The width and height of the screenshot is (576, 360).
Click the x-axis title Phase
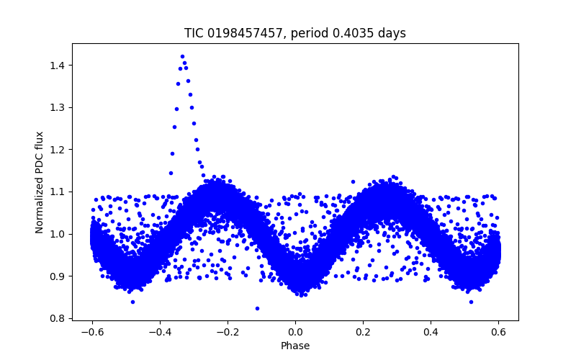tap(295, 346)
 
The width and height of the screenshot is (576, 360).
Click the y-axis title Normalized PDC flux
tap(40, 182)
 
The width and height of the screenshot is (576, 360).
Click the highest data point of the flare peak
tap(182, 56)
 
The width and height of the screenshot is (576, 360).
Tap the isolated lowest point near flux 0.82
tap(257, 308)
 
